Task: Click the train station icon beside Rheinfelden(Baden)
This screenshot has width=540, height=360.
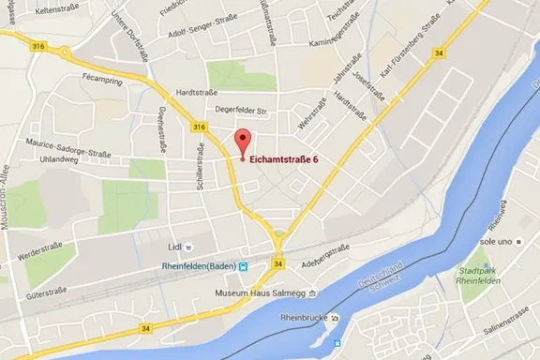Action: [245, 266]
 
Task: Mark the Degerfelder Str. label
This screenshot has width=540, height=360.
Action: [242, 112]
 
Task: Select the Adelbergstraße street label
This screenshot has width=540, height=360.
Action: [324, 253]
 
